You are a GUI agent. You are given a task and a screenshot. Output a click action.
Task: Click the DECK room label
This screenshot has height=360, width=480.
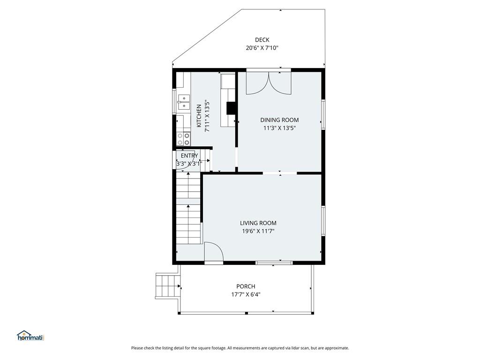(x=262, y=40)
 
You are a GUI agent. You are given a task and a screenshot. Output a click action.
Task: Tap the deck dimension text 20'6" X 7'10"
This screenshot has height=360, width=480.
(x=262, y=48)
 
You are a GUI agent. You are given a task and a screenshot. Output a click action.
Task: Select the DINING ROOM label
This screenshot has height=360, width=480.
(x=279, y=120)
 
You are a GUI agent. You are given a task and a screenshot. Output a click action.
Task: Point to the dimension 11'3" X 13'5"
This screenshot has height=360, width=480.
(x=279, y=128)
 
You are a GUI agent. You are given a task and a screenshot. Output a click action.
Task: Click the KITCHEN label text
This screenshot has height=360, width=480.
(x=199, y=116)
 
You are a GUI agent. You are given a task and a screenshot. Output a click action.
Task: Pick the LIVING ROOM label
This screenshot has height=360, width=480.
(x=258, y=223)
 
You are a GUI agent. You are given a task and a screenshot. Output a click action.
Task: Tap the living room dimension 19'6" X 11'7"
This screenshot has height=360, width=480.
(x=258, y=232)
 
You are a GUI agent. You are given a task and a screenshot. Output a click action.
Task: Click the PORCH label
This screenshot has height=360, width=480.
(x=246, y=286)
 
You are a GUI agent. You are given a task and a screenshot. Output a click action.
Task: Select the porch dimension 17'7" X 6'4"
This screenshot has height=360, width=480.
(x=246, y=295)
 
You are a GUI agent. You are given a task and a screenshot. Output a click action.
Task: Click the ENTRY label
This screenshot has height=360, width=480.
(x=189, y=156)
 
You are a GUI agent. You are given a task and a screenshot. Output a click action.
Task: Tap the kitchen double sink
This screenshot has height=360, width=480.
(x=184, y=102)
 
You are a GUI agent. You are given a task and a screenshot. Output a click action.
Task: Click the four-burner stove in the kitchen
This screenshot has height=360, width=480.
(x=184, y=139)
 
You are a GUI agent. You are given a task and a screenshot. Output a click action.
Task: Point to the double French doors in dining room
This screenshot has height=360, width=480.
(x=269, y=83)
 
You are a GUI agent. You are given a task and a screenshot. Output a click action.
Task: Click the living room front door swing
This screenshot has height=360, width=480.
(x=214, y=252)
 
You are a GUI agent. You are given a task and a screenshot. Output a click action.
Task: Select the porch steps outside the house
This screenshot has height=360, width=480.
(x=167, y=285)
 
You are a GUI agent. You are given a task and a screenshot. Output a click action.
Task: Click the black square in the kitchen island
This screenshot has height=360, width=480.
(x=231, y=108)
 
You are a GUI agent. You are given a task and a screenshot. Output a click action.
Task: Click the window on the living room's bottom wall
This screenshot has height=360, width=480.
(x=274, y=262)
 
